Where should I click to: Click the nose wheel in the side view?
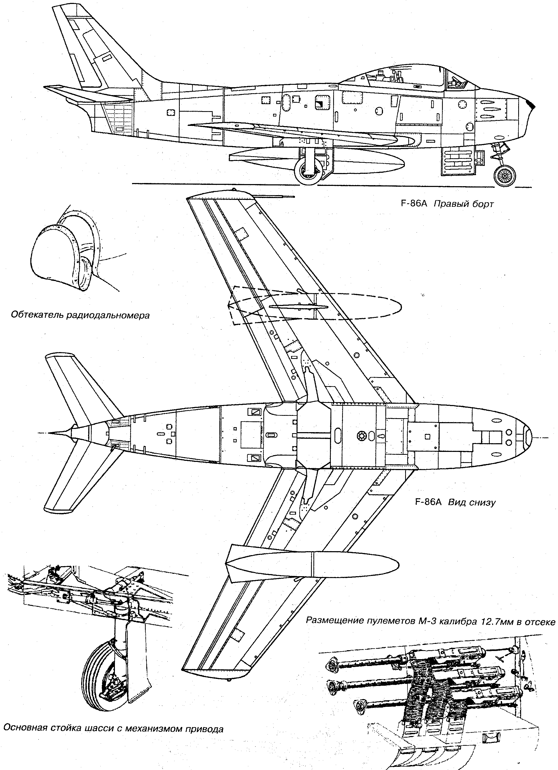click(x=505, y=176)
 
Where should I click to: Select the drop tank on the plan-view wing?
click(x=313, y=564)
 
